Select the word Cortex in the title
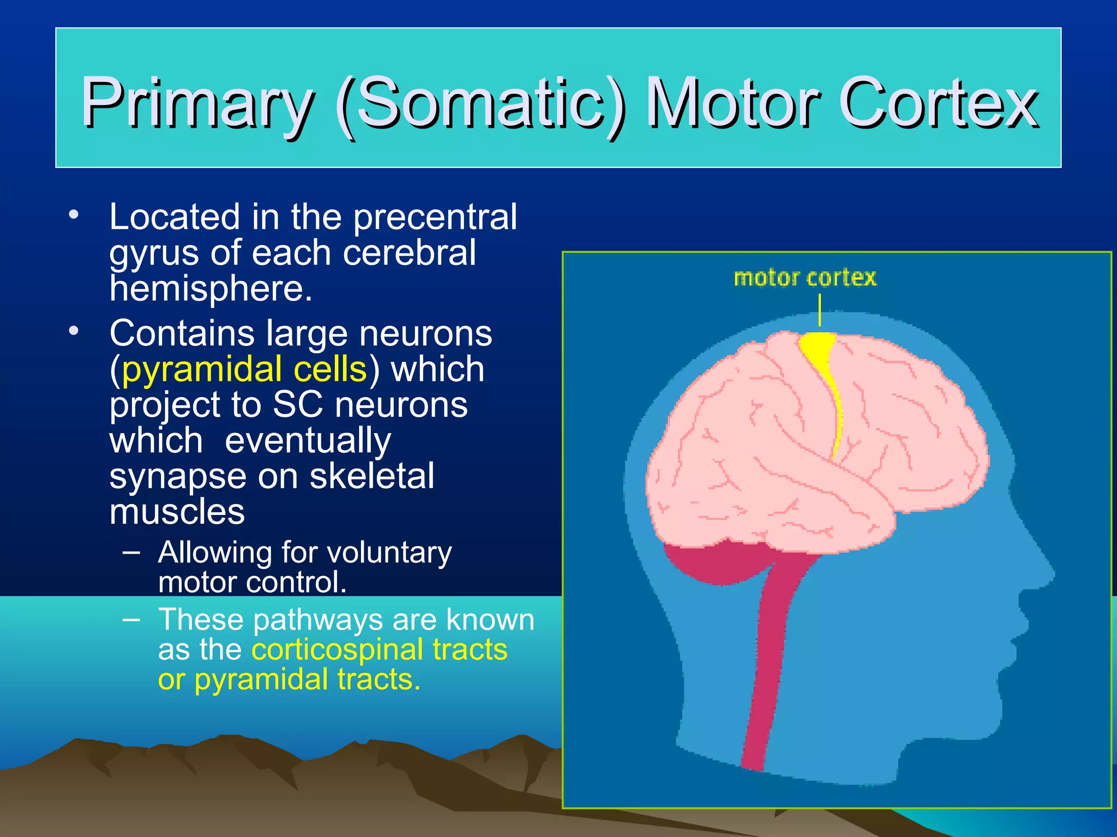point(938,104)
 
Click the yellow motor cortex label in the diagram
point(805,278)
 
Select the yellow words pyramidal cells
point(244,369)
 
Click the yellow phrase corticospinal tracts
point(379,650)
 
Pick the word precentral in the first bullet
point(435,217)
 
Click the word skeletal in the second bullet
point(372,476)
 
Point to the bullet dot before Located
point(74,214)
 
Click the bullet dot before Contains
point(74,330)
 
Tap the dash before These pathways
point(131,619)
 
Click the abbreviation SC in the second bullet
point(297,405)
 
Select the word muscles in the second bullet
point(177,512)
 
